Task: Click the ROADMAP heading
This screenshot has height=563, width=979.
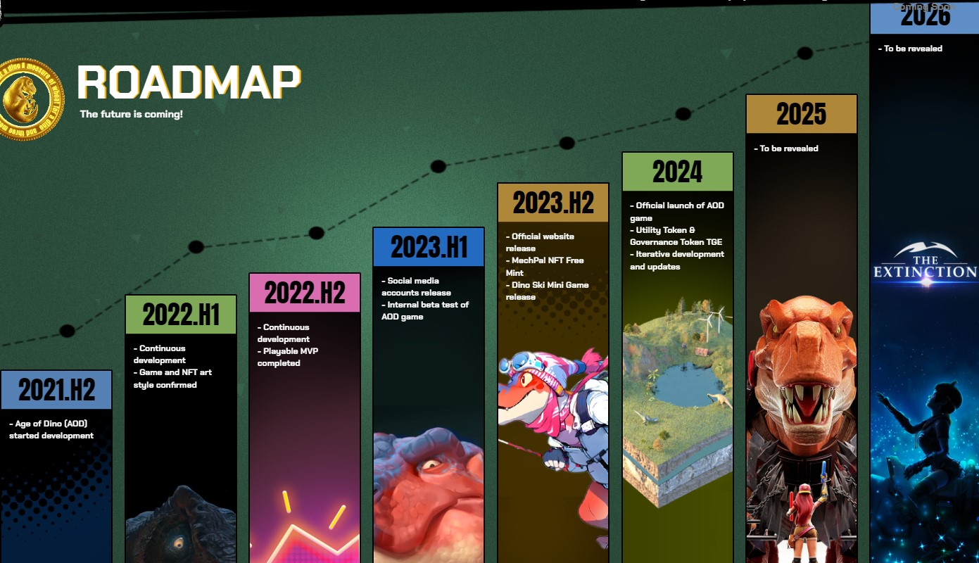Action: coord(189,82)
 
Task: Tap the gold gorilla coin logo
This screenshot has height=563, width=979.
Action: coord(30,99)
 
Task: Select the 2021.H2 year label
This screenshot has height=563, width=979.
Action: coord(56,390)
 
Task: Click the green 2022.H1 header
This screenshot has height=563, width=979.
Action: coord(181,315)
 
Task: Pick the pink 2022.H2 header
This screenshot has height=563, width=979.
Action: coord(305,293)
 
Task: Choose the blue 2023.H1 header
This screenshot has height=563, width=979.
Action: coord(429,247)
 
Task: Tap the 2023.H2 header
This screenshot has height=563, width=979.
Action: coord(553,203)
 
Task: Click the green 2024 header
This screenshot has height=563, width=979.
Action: coord(677,172)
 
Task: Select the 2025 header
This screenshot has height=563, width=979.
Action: coord(801,114)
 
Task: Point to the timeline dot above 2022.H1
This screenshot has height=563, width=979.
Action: coord(196,247)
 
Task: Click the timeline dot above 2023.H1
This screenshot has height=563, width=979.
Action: coord(438,167)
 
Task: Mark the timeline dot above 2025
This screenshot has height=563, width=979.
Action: coord(804,53)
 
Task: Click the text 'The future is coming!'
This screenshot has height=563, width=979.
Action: coord(131,114)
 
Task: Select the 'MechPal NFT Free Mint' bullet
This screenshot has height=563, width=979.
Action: coord(545,267)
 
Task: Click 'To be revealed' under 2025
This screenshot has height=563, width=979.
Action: coord(789,148)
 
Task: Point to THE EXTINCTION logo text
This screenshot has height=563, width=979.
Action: coord(925,271)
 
